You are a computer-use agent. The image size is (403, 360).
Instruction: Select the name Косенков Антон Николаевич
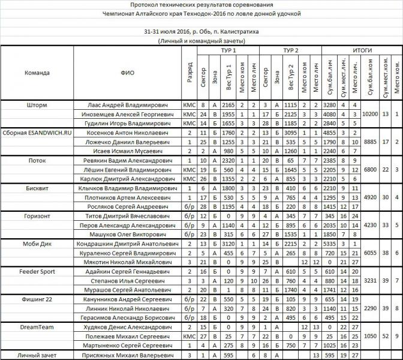tap(130, 132)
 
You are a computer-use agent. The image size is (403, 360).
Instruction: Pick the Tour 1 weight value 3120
tap(228, 244)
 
